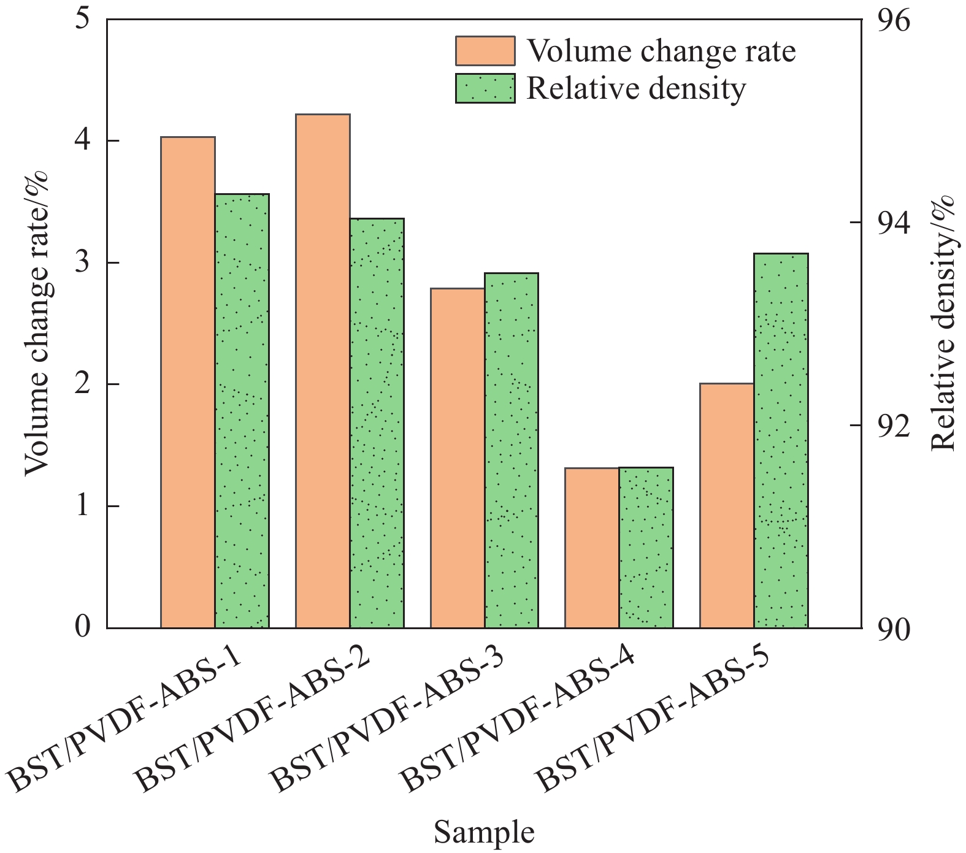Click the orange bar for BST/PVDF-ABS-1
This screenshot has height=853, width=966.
tap(188, 382)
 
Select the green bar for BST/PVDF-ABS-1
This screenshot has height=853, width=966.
tap(242, 411)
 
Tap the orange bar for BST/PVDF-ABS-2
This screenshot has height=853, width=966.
tap(323, 371)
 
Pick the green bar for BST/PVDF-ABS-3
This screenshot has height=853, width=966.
tap(512, 450)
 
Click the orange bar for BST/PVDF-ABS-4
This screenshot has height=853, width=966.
tap(592, 548)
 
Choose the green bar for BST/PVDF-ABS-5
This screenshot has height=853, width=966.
tap(781, 440)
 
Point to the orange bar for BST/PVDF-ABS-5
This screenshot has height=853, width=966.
tap(727, 505)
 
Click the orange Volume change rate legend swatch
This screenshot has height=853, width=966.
tap(485, 51)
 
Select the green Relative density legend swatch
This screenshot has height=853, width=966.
tap(485, 88)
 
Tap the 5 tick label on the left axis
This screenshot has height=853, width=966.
tap(83, 20)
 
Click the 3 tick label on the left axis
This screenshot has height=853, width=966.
tap(83, 263)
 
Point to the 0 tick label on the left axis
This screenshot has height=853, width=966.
tap(83, 628)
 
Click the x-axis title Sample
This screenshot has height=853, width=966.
tap(484, 833)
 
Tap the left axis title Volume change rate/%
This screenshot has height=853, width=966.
tap(36, 323)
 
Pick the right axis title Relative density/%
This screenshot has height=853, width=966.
tap(943, 323)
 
